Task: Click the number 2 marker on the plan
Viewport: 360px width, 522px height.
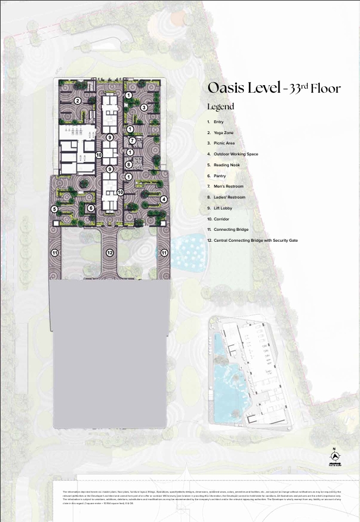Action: tap(77, 101)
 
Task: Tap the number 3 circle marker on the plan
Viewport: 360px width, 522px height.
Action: tap(144, 107)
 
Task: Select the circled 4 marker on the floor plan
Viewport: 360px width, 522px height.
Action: tap(164, 199)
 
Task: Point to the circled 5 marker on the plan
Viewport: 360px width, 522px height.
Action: tap(54, 209)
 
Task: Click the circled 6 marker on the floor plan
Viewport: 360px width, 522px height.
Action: tap(91, 208)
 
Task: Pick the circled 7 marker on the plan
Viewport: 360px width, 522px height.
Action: tap(132, 140)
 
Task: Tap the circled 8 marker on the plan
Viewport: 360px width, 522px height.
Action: tap(129, 165)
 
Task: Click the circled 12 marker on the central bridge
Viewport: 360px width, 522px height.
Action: tap(109, 252)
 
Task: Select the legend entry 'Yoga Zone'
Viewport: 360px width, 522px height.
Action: tap(223, 132)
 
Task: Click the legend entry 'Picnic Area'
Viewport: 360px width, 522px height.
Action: tap(224, 143)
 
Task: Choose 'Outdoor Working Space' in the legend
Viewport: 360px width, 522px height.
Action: tap(235, 154)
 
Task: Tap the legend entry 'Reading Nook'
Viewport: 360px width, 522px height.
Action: tap(227, 165)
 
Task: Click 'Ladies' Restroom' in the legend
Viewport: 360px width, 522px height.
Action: tap(229, 197)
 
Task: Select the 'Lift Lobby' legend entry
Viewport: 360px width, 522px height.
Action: tap(223, 208)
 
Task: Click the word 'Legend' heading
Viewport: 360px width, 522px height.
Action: tap(220, 106)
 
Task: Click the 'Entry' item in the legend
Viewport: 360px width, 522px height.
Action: tap(219, 122)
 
